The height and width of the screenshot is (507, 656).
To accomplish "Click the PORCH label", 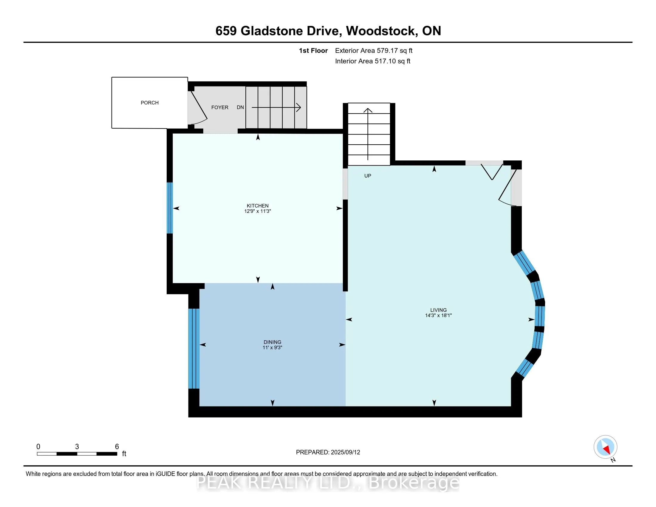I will [x=149, y=103].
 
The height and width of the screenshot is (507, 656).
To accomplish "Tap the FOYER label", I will [x=219, y=108].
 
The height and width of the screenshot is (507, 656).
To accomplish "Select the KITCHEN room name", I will [x=257, y=206].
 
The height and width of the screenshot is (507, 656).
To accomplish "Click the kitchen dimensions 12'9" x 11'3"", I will [x=257, y=211].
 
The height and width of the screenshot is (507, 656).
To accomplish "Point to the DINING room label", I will [x=272, y=342].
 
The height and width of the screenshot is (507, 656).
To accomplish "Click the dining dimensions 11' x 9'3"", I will [x=272, y=347].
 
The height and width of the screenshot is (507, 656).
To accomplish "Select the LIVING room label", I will [x=438, y=310].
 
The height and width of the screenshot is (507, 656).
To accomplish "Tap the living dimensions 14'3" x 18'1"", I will [x=438, y=315].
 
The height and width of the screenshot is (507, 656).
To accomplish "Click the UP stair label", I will [x=368, y=176].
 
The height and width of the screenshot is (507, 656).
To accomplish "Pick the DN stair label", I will [x=240, y=108].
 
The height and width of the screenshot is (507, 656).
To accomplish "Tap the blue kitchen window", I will [x=170, y=208].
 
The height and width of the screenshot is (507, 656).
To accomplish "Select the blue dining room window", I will [x=194, y=348].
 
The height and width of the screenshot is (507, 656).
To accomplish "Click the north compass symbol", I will [x=605, y=447].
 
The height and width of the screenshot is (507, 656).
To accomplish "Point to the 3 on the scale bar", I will [x=77, y=447].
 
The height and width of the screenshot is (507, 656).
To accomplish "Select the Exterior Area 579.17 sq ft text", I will [x=374, y=51].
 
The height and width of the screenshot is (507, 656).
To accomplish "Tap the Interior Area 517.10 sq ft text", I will [x=372, y=61].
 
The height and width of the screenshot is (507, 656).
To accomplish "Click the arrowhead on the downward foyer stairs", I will [x=298, y=107].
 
